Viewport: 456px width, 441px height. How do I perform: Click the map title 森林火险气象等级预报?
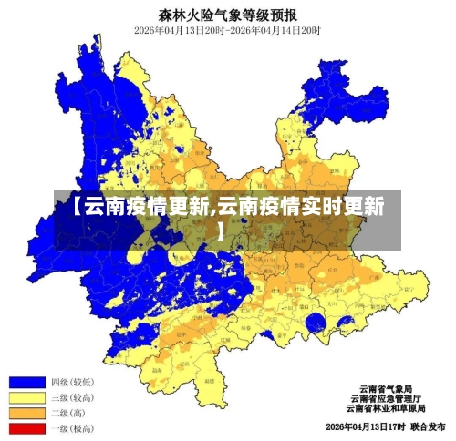(227, 15)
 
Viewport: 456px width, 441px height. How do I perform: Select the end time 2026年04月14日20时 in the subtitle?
(281, 30)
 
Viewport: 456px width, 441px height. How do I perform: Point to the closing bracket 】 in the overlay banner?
(221, 231)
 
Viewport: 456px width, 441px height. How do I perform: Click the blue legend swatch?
(27, 383)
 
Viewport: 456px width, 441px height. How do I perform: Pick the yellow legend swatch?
(27, 397)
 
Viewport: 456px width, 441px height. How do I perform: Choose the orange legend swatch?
(27, 412)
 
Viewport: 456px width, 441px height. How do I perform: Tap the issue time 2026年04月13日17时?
(365, 426)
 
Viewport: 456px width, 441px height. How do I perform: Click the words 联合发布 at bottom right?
(428, 426)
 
